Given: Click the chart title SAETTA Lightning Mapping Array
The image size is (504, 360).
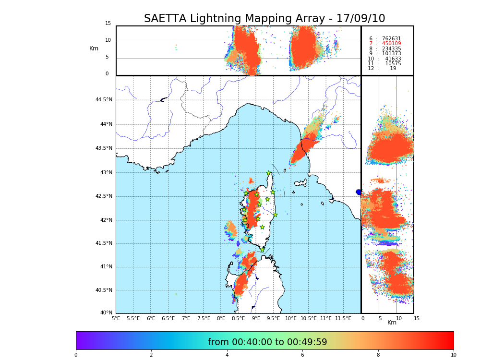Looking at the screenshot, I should pos(264,19).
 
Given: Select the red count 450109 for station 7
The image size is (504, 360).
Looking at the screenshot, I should pos(391,44).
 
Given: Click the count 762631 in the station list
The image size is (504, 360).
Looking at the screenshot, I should pos(391,39).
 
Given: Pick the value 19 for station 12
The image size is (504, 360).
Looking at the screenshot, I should pos(393,69).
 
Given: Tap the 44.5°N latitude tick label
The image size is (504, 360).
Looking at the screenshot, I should pos(104,100).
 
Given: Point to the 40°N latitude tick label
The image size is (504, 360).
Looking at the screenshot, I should pos(106,313).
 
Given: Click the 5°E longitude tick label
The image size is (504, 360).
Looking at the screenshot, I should pos(116,318).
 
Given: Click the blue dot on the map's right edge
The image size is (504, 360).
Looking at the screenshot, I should pos(359,192).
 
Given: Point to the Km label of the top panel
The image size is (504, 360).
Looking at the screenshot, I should pos(94,48).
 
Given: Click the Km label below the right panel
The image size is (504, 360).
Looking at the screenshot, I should pos(392,323).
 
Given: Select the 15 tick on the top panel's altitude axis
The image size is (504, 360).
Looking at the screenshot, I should pos(108,24).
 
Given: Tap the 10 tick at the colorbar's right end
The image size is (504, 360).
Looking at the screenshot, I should pos(453,355).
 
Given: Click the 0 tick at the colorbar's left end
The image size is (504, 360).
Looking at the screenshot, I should pos(76,355).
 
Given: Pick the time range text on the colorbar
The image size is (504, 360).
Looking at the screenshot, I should pos(267,342).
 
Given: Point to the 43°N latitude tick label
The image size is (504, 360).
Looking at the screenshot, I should pos(105,173).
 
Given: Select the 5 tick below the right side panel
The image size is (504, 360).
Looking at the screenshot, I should pos(380,318).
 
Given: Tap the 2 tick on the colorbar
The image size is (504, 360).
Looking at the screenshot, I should pos(151,355).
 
